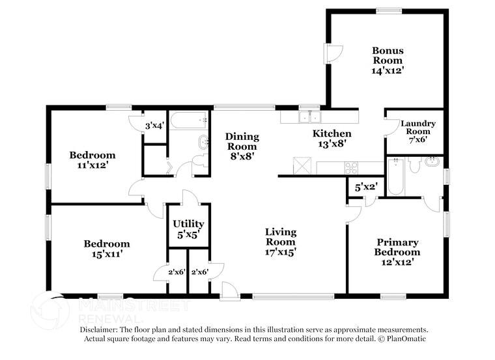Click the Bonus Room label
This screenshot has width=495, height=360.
click(x=388, y=55)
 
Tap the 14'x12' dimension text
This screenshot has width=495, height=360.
click(x=388, y=70)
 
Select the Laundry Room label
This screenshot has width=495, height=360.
click(x=417, y=127)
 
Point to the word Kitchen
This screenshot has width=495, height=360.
click(x=332, y=133)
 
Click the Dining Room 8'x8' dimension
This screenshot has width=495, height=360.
click(x=242, y=156)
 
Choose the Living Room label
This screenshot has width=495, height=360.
click(x=281, y=236)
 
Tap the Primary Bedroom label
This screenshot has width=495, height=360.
click(x=397, y=247)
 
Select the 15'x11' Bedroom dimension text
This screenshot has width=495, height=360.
click(x=106, y=255)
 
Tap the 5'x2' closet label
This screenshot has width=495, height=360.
click(x=366, y=187)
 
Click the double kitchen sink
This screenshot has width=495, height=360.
click(x=309, y=117)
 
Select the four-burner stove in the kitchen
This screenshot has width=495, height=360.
click(x=351, y=167)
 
